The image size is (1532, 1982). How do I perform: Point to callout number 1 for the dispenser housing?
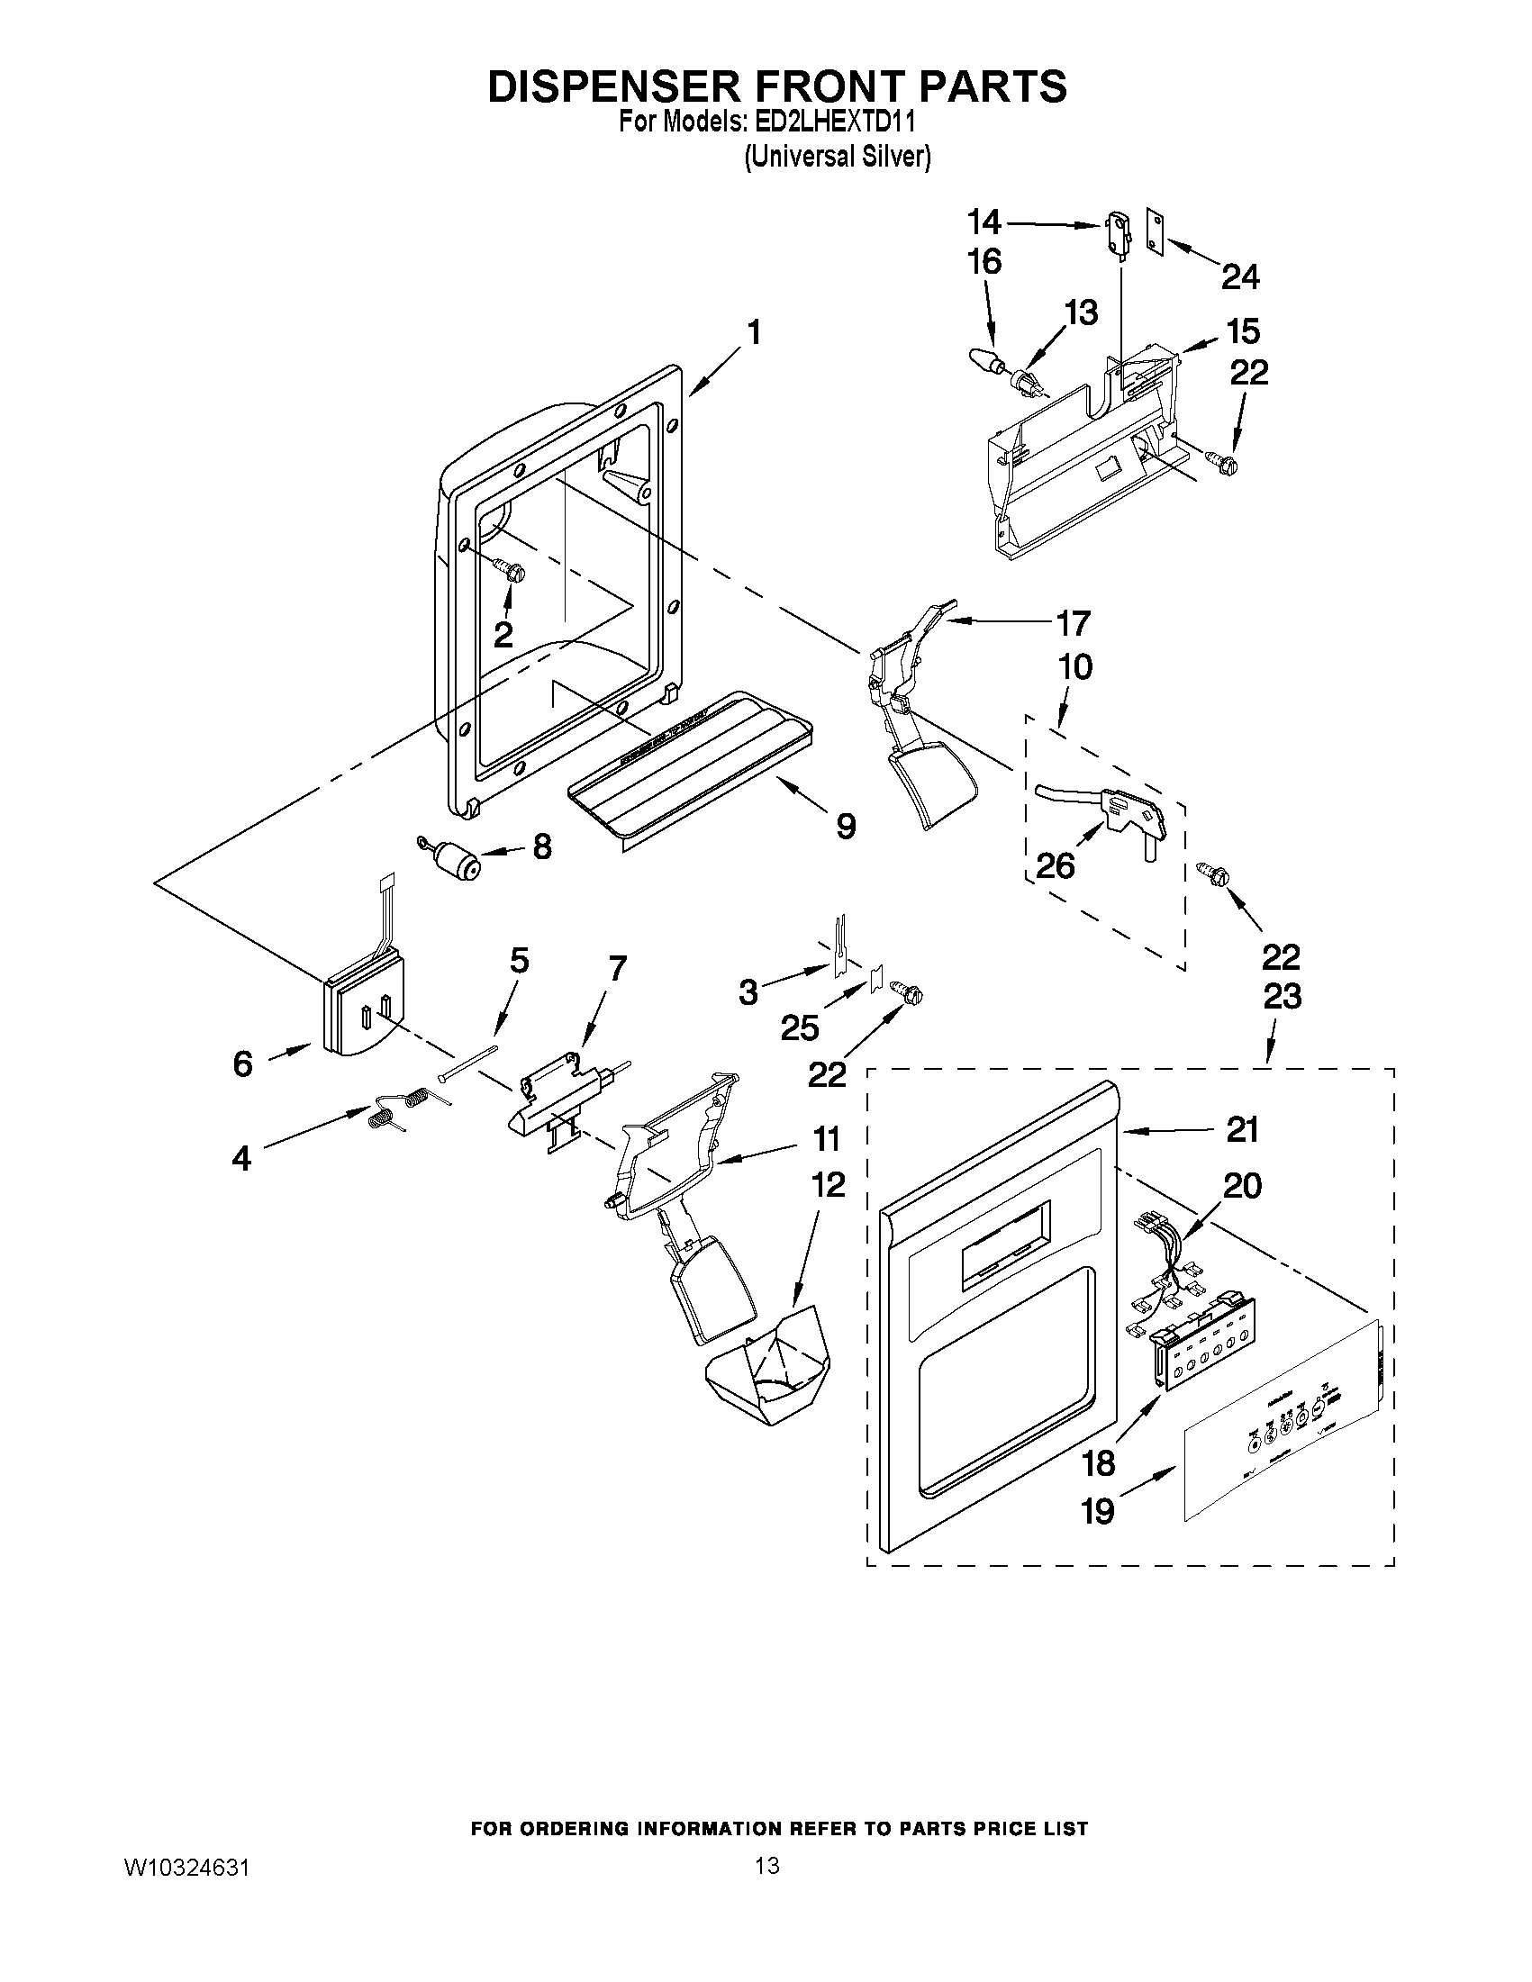pyautogui.click(x=753, y=333)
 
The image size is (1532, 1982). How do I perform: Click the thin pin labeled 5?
pyautogui.click(x=467, y=1063)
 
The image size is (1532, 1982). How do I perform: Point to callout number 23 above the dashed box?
pyautogui.click(x=1281, y=997)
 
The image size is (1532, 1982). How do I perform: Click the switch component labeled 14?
pyautogui.click(x=1115, y=232)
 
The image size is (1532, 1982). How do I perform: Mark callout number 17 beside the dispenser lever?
pyautogui.click(x=1072, y=624)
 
